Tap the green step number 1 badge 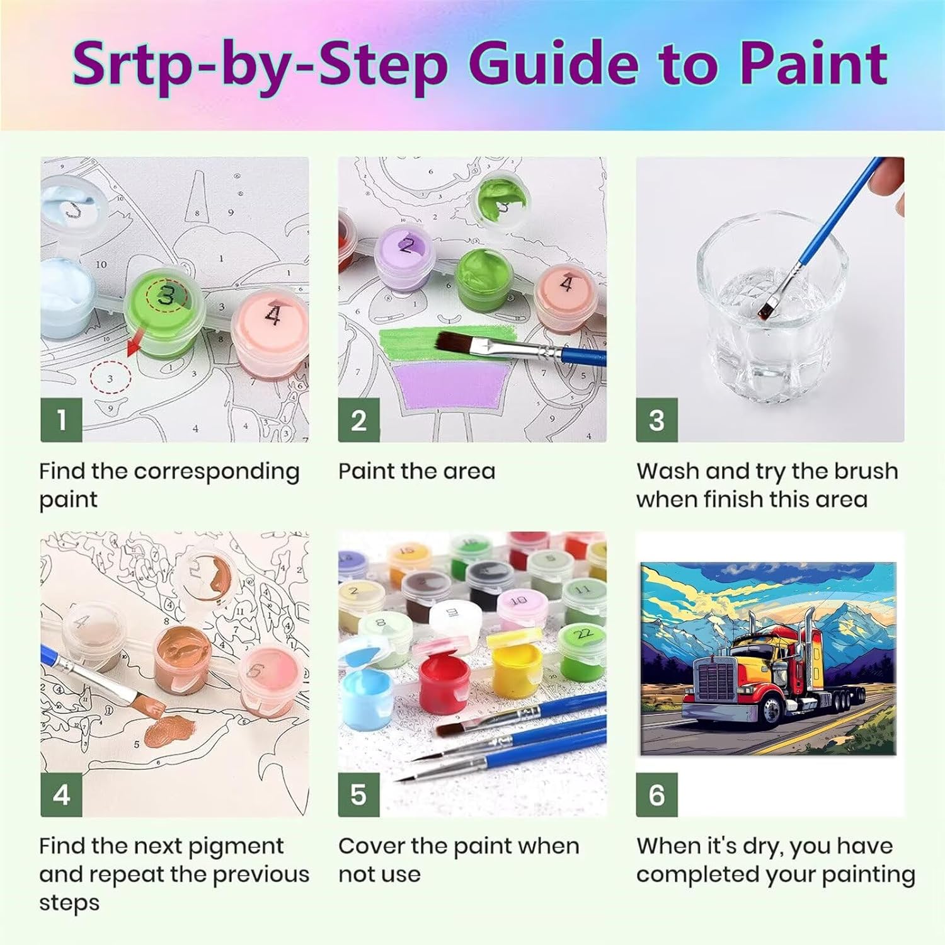point(61,420)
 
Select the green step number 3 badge point(656,420)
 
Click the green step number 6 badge point(656,794)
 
